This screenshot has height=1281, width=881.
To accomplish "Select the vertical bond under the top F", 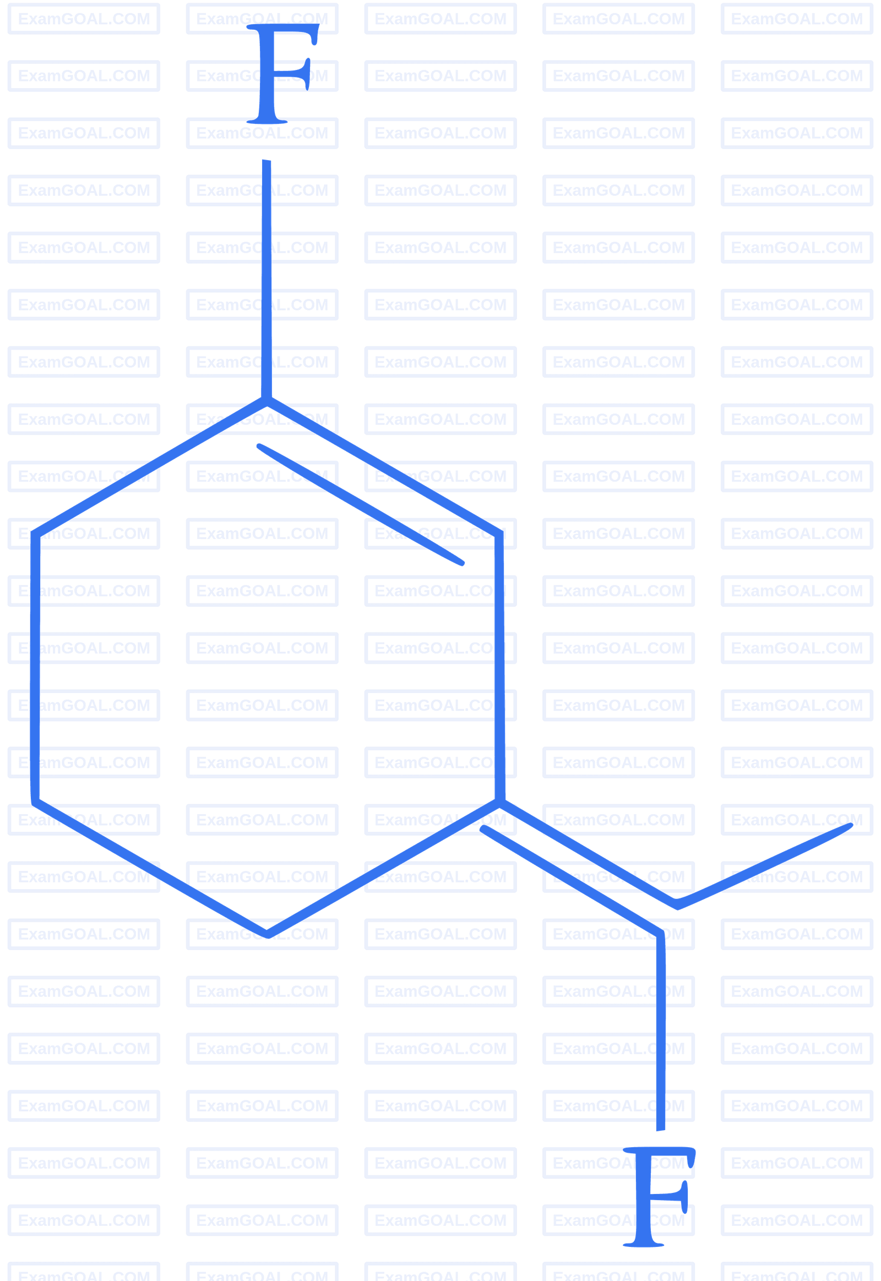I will coord(267,276).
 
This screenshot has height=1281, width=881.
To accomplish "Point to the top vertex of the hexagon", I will coord(267,402).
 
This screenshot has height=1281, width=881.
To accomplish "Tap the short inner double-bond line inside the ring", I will coord(360,504).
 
